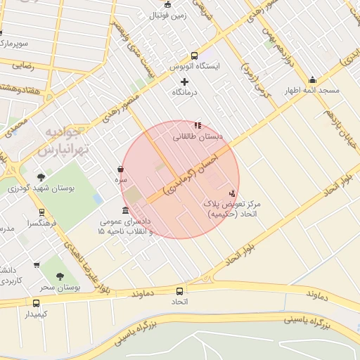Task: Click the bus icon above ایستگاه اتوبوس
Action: coord(195,56)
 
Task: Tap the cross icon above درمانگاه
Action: coord(185,82)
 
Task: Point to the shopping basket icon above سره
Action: coord(121,169)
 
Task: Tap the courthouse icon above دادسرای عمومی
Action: coord(125,210)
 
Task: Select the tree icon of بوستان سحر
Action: coord(60,276)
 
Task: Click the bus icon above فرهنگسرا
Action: coord(42,212)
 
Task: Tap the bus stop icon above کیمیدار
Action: coord(36,303)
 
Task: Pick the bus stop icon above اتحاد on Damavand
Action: coord(180,291)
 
